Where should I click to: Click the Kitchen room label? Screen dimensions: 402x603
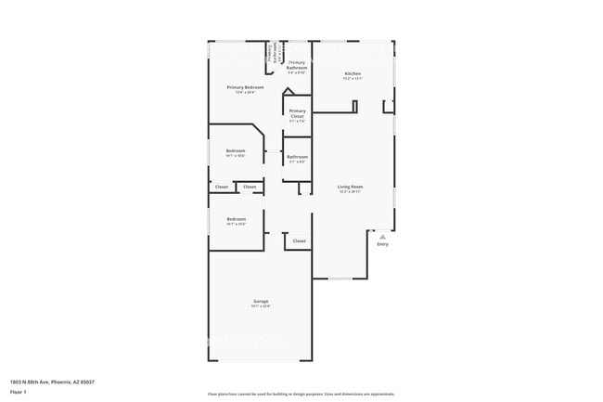coord(353,73)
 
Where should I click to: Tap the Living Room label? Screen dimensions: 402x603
coord(350,187)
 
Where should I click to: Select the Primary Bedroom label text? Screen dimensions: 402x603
coord(245,87)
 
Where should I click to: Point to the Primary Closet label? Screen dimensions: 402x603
coord(297,113)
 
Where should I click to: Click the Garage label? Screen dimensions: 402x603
coord(261,302)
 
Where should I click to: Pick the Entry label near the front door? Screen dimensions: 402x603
coord(382,244)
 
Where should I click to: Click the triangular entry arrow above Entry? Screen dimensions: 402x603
coord(382,237)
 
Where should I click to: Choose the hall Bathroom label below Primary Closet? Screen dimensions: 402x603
coord(297,157)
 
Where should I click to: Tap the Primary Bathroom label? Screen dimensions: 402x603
coord(297,65)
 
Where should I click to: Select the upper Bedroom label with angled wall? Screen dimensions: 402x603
coord(236,150)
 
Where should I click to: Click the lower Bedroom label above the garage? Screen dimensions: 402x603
coord(236,219)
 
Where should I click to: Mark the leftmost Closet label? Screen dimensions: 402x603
coord(222,187)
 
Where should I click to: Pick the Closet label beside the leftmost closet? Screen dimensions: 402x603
coord(250,187)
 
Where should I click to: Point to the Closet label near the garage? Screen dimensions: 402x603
coord(299,241)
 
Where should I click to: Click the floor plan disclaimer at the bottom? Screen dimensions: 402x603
coord(301,395)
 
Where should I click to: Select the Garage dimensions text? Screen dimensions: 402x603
coord(261,307)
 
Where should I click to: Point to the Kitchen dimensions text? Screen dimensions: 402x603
coord(353,79)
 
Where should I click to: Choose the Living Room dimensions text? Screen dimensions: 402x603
coord(350,192)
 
